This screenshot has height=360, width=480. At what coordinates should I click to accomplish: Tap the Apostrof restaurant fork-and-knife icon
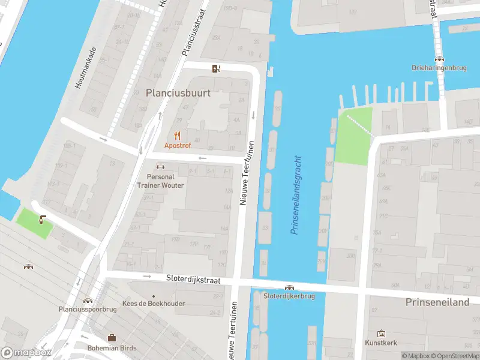[x=177, y=136]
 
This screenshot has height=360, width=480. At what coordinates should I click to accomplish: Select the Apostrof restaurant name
[x=177, y=146]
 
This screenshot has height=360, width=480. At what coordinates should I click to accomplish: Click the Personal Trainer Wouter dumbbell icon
[x=160, y=167]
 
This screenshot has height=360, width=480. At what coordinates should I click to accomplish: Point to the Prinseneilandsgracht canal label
[x=296, y=196]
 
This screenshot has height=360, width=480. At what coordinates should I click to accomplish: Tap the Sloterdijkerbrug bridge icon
[x=290, y=288]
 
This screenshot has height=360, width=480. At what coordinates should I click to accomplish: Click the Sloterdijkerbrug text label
[x=290, y=296]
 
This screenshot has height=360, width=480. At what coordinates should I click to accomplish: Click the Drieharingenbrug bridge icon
[x=440, y=59]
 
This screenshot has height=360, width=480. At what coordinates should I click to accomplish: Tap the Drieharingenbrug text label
[x=440, y=68]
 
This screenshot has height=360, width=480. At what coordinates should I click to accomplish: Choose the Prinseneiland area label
[x=437, y=302]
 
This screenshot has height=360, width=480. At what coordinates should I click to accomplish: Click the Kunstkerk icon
[x=381, y=334]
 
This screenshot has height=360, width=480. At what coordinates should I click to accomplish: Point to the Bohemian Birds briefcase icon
[x=112, y=338]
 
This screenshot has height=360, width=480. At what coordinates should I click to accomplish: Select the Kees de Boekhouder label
[x=153, y=304]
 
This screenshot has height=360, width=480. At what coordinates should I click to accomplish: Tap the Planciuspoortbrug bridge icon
[x=88, y=301]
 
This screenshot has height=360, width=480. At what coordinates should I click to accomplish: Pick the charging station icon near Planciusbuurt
[x=216, y=68]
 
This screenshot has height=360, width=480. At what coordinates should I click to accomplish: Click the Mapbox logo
[x=26, y=353]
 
